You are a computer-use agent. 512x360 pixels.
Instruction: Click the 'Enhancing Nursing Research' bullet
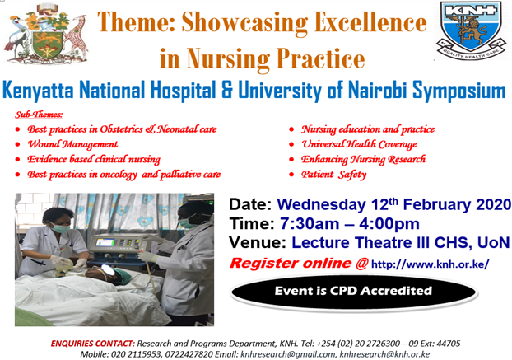pyautogui.click(x=363, y=159)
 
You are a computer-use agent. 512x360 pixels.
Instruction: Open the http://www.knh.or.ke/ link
pyautogui.click(x=431, y=264)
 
